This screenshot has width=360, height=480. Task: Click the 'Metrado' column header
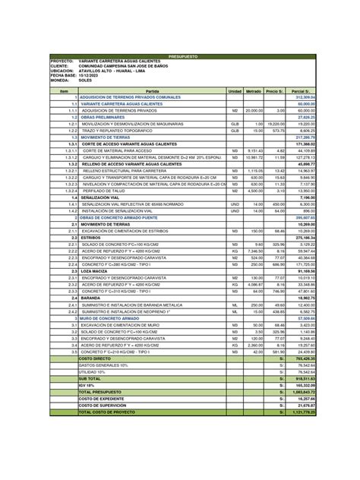point(255,91)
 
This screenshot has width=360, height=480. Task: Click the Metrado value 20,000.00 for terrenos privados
point(254,110)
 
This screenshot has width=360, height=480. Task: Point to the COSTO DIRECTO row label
point(96,357)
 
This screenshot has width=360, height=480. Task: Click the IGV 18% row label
point(88,385)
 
